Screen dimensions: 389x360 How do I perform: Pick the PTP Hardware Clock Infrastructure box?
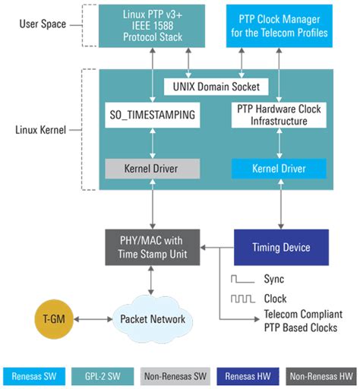[x=278, y=116]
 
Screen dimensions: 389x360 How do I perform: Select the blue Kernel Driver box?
[x=278, y=168]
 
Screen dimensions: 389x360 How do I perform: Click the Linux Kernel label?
[x=42, y=130]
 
